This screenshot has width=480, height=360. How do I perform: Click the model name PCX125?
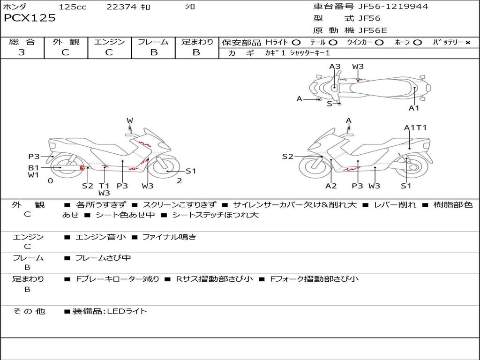(x=30, y=18)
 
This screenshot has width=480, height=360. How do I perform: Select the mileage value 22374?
(x=121, y=7)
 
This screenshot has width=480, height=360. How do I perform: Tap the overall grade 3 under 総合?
(x=22, y=52)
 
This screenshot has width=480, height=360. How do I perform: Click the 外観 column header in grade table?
(x=66, y=42)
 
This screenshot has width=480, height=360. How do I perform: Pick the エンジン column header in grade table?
(x=109, y=42)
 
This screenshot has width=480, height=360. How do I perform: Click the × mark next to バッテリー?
(x=467, y=43)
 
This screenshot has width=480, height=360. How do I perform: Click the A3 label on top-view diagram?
(x=335, y=67)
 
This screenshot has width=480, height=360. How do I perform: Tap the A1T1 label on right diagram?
(x=415, y=127)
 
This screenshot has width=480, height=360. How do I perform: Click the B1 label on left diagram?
(x=33, y=167)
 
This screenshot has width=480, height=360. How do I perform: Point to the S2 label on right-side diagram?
(x=287, y=157)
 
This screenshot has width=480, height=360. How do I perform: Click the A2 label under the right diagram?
(x=331, y=186)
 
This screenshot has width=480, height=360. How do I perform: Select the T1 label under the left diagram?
(x=104, y=186)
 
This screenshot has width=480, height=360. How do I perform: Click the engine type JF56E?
(x=373, y=30)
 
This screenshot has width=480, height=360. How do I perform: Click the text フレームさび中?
(x=103, y=258)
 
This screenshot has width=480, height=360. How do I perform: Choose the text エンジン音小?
(x=101, y=237)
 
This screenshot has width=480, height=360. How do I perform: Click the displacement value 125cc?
(x=73, y=7)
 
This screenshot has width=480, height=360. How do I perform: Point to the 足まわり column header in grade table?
(x=197, y=42)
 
